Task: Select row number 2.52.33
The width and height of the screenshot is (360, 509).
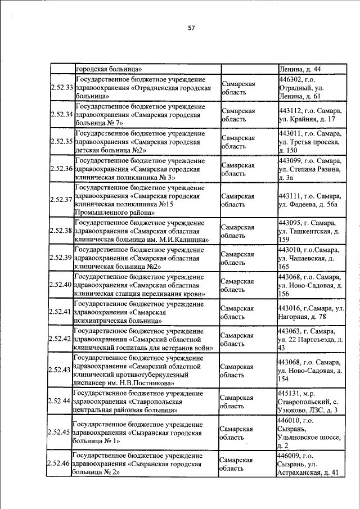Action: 61,88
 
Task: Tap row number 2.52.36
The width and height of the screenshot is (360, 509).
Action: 61,168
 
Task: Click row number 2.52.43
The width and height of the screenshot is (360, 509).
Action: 59,370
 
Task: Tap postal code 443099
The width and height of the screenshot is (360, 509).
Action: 291,160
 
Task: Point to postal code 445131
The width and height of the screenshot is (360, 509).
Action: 290,393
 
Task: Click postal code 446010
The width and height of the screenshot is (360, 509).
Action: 290,420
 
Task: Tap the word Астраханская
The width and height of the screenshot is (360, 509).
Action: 300,473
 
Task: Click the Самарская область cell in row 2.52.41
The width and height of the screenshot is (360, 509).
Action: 237,312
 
